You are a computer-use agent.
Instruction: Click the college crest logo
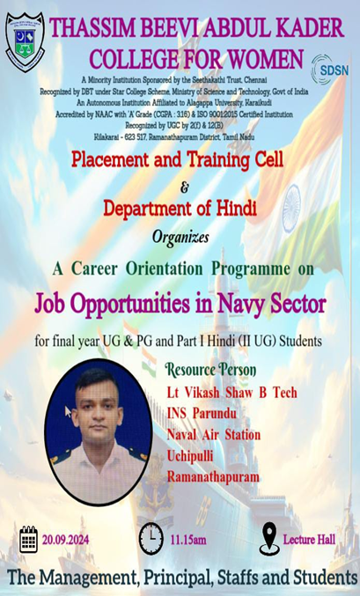(26, 41)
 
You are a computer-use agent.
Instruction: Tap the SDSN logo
(329, 70)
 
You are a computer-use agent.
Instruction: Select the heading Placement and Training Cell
(177, 160)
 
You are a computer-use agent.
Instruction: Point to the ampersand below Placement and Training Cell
(184, 188)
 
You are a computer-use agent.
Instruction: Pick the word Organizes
(180, 238)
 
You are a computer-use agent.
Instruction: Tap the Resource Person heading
(210, 370)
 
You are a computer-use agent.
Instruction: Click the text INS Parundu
(202, 414)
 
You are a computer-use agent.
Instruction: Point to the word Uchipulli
(190, 456)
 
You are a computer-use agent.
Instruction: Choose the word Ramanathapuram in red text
(213, 477)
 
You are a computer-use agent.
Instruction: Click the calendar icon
(28, 539)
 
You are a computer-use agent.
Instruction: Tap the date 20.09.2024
(65, 540)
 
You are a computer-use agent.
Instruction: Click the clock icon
(151, 539)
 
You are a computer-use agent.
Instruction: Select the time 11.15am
(188, 540)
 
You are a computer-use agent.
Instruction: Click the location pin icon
(269, 538)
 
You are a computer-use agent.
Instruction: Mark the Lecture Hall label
(309, 540)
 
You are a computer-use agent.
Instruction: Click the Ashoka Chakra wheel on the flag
(291, 209)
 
